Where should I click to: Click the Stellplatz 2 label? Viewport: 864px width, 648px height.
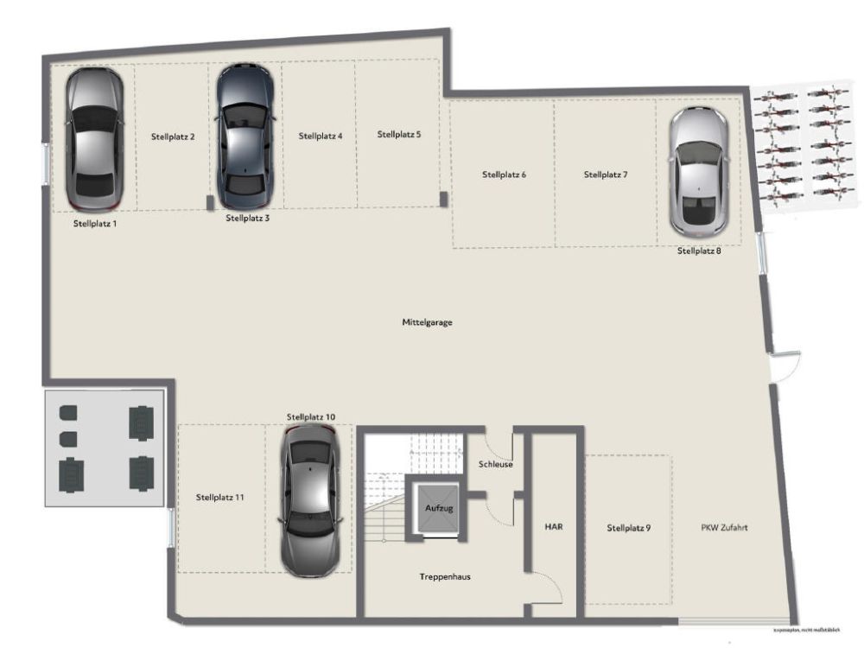173,137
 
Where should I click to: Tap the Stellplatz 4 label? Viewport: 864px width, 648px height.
321,137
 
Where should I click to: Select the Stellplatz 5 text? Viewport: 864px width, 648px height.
399,135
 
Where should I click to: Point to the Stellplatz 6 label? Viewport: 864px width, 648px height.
504,175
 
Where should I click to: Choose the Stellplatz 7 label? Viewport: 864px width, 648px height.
606,175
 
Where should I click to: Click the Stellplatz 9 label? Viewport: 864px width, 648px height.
628,528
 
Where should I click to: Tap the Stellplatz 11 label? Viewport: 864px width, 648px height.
219,498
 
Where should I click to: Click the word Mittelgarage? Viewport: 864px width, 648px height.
427,322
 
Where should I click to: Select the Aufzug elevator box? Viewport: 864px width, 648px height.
438,508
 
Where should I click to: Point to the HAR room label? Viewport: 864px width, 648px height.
554,526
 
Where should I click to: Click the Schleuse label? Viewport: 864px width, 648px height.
496,464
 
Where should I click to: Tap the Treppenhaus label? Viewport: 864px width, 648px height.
445,576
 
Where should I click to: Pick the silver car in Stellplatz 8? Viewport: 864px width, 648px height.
698,171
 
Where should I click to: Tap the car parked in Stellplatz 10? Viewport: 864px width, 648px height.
309,499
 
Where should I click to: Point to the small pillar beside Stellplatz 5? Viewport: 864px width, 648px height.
444,200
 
